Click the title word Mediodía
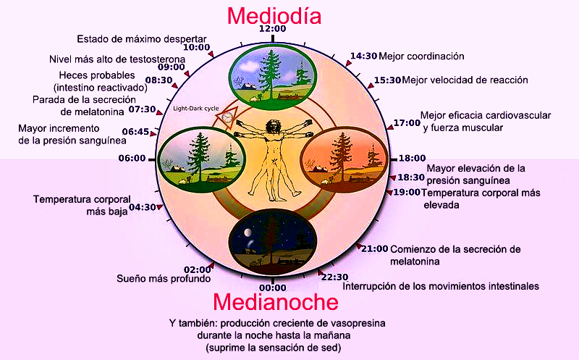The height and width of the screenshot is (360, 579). (274, 15)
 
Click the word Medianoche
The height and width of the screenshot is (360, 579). (275, 301)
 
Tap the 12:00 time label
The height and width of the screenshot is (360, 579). (273, 29)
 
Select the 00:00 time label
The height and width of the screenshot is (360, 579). (272, 288)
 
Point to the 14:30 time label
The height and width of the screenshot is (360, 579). (363, 56)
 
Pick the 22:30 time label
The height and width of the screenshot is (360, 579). (334, 277)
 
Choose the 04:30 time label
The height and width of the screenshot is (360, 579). (143, 207)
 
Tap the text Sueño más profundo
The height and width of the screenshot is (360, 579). (164, 278)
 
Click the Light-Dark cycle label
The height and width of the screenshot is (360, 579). (195, 109)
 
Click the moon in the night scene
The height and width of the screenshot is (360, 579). (247, 232)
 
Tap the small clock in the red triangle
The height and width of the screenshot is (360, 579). (227, 116)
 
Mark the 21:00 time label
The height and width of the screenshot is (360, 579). (375, 248)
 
